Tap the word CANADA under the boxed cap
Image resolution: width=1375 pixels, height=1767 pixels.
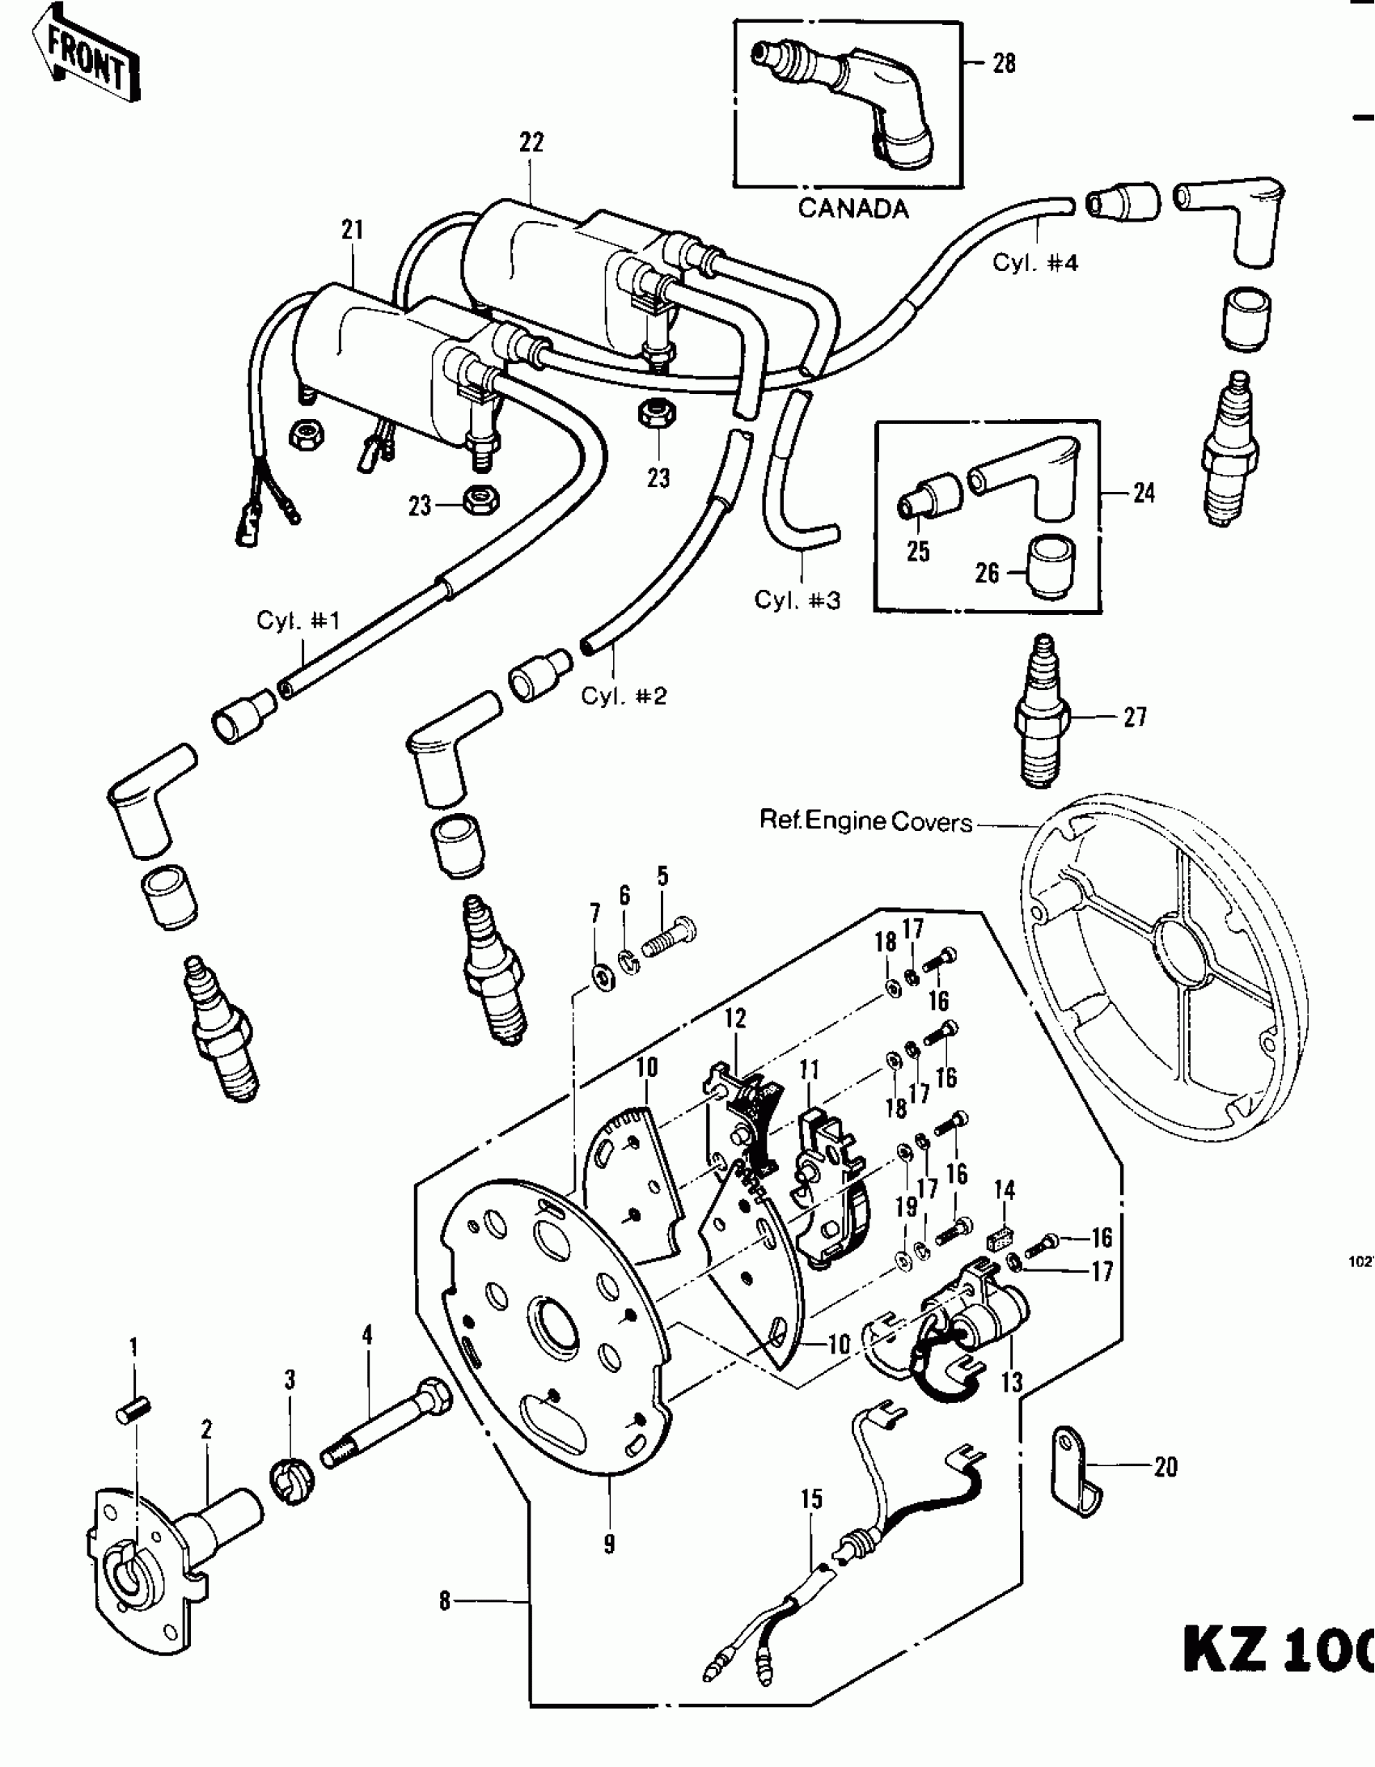[x=853, y=209]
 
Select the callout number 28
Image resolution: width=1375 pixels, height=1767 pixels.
[x=1004, y=63]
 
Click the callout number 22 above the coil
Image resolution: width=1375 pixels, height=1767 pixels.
[x=531, y=142]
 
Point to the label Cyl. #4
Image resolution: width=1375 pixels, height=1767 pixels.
[x=1034, y=263]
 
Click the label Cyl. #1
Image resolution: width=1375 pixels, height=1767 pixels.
[x=298, y=621]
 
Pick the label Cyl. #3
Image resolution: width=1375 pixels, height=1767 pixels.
[x=797, y=600]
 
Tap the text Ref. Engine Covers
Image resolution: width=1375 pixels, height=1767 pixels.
[x=865, y=822]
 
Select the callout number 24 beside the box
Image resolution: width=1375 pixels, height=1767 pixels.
[x=1144, y=493]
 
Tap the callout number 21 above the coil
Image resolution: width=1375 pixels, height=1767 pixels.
[x=352, y=231]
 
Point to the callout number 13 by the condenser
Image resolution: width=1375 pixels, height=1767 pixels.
[x=1012, y=1382]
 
